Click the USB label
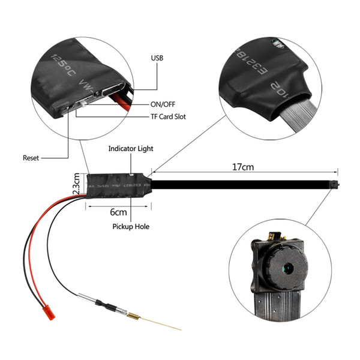pyautogui.click(x=157, y=59)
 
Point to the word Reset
pyautogui.click(x=31, y=158)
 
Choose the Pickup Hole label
pyautogui.click(x=131, y=227)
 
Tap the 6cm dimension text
pyautogui.click(x=118, y=212)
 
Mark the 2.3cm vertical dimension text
pyautogui.click(x=76, y=183)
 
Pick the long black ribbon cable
pyautogui.click(x=240, y=181)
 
